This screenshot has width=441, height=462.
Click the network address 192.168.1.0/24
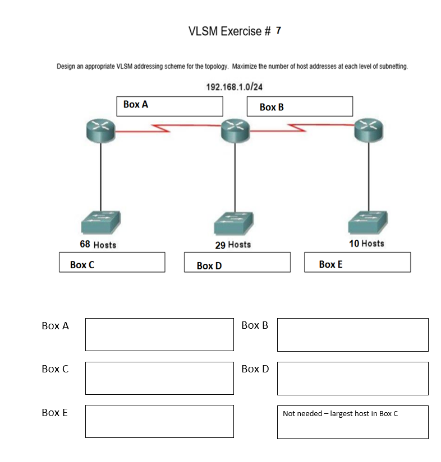pyautogui.click(x=235, y=87)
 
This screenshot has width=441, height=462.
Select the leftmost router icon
pyautogui.click(x=100, y=131)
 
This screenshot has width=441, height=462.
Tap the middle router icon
pyautogui.click(x=235, y=131)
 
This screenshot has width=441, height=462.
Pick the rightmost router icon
pyautogui.click(x=369, y=131)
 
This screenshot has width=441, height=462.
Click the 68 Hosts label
pyautogui.click(x=98, y=245)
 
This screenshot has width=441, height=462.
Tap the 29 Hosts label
pyautogui.click(x=233, y=245)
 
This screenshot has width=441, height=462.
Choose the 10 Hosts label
pyautogui.click(x=366, y=244)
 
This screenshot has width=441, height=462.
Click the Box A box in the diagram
pyautogui.click(x=169, y=106)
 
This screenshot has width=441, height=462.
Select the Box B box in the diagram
pyautogui.click(x=300, y=106)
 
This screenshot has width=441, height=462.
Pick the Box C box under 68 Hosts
pyautogui.click(x=112, y=262)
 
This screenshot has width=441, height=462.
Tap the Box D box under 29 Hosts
pyautogui.click(x=237, y=263)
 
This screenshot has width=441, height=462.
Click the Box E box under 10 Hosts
pyautogui.click(x=357, y=262)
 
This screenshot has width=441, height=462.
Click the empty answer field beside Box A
pyautogui.click(x=159, y=334)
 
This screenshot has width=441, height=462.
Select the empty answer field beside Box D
pyautogui.click(x=352, y=378)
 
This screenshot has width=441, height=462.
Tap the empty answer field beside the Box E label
pyautogui.click(x=159, y=421)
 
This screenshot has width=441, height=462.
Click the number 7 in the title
pyautogui.click(x=279, y=31)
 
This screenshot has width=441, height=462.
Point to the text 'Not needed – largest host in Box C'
pyautogui.click(x=341, y=414)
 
